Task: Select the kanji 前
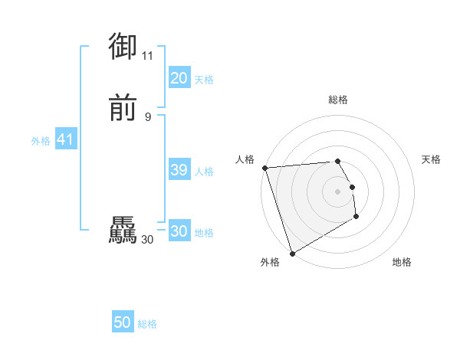(x=123, y=109)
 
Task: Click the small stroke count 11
(x=147, y=55)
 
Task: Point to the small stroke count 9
(x=147, y=116)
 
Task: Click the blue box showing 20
(x=179, y=78)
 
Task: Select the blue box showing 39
(x=179, y=170)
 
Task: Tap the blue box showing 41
(x=65, y=139)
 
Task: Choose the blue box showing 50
(x=123, y=322)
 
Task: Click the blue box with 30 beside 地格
(x=179, y=231)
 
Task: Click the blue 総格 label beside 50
(x=147, y=324)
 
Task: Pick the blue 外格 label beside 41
(x=41, y=141)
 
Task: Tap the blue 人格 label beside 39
(x=205, y=172)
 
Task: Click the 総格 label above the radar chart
(x=337, y=100)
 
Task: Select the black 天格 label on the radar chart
(x=431, y=159)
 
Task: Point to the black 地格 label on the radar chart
(x=402, y=263)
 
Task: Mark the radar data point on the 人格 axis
(x=264, y=168)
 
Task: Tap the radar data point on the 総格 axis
(x=337, y=161)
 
